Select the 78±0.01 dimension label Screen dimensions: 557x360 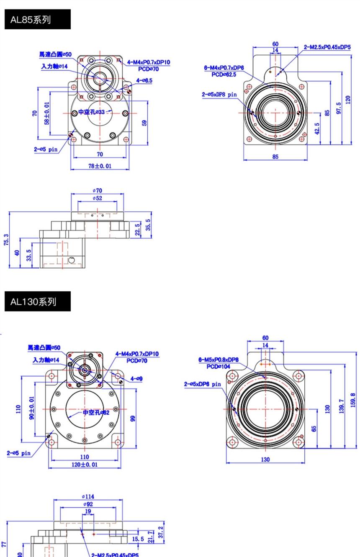100,166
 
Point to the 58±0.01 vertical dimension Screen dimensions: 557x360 46,113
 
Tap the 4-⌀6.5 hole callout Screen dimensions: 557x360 144,80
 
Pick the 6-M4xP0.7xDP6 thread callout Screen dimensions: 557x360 224,68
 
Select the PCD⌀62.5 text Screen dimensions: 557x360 224,74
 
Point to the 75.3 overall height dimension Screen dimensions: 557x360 6,240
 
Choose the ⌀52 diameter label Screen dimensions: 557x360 98,198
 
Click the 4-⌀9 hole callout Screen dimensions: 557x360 136,379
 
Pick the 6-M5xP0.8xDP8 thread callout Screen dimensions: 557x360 219,360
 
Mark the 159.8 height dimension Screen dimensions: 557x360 352,400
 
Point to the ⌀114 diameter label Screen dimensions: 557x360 88,497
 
